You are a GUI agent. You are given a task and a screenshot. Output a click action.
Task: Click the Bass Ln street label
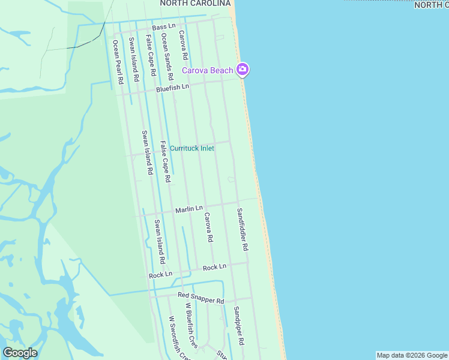point(163,28)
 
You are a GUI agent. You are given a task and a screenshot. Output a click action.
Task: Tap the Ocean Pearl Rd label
point(117,61)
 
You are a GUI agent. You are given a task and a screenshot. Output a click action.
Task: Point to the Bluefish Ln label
point(172,88)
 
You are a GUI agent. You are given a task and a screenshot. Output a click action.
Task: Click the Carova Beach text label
point(208,71)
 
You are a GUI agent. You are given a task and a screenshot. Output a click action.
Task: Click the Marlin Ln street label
point(189,209)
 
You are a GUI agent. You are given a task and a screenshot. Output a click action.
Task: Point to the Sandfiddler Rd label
point(242,229)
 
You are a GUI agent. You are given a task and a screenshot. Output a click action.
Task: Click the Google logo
point(20,353)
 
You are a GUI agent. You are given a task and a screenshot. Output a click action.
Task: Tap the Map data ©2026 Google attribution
point(412,355)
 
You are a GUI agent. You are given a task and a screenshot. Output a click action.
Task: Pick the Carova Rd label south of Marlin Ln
point(208,227)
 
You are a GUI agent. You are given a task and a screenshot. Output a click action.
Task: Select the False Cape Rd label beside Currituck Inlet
point(166,161)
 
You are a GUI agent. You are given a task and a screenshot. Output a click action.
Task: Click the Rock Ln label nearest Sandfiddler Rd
point(214,267)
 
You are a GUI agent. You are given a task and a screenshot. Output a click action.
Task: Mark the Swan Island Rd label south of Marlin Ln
point(159,242)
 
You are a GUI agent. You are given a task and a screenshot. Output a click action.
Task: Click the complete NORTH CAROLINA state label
point(195,4)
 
